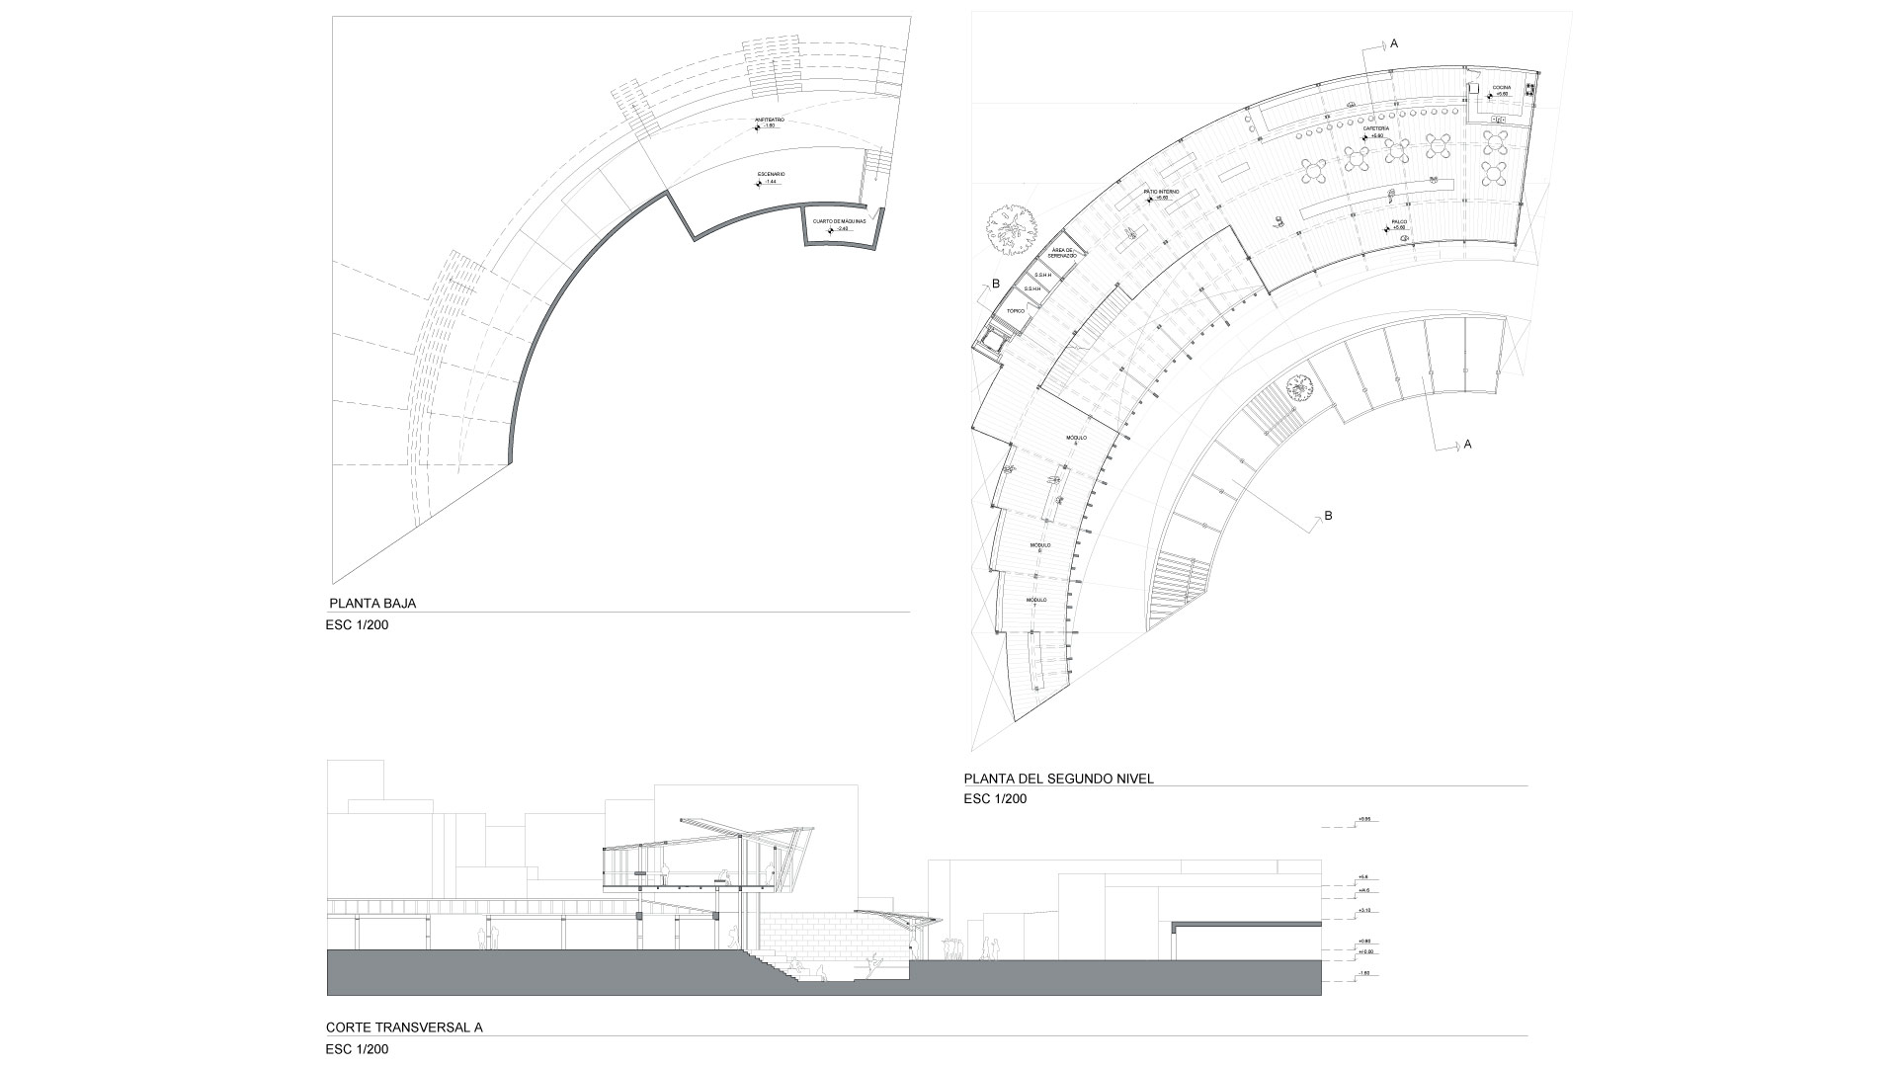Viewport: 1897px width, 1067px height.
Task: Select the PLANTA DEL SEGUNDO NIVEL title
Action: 1058,779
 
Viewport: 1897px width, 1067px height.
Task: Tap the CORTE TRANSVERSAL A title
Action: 403,1027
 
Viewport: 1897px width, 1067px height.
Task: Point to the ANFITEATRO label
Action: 770,120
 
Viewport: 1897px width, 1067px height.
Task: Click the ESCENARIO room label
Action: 771,174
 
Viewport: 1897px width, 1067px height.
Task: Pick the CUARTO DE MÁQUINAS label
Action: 839,221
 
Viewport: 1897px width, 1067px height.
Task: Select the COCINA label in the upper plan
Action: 1502,88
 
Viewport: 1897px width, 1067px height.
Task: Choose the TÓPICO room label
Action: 1015,310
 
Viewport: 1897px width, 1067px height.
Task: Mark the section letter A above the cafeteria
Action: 1394,43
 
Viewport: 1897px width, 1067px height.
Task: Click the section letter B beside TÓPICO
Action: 996,285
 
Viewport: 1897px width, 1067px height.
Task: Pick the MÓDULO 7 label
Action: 1035,603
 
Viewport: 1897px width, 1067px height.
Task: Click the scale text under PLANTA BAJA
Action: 357,624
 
